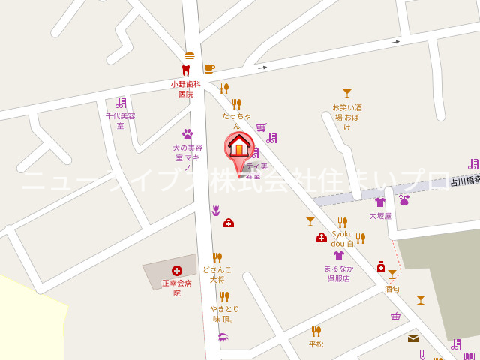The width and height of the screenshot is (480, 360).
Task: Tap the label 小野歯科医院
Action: [x=185, y=88]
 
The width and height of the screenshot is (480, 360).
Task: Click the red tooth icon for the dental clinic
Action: [x=185, y=70]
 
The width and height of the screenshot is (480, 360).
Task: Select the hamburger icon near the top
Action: [x=190, y=55]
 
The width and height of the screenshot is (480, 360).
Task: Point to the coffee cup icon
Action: [x=209, y=68]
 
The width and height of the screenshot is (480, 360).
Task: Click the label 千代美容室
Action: [x=120, y=121]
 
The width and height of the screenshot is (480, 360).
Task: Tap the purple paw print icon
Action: [x=187, y=134]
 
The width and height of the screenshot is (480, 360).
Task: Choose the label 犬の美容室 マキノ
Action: [x=188, y=157]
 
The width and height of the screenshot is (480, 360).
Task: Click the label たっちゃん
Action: [x=236, y=121]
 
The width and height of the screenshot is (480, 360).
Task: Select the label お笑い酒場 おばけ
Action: [x=347, y=117]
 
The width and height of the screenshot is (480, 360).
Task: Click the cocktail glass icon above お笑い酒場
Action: [x=346, y=94]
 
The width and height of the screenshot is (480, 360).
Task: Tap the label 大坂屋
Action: [x=380, y=216]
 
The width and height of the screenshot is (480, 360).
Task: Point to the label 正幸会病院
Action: [x=177, y=288]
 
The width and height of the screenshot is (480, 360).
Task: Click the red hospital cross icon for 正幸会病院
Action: [x=177, y=270]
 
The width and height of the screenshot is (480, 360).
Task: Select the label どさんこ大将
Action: [x=217, y=274]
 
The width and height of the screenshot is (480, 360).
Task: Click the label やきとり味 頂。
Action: [x=223, y=313]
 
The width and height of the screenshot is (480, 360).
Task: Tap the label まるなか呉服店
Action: [x=339, y=273]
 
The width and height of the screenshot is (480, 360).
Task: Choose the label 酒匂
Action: [x=392, y=289]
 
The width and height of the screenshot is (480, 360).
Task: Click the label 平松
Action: [x=316, y=344]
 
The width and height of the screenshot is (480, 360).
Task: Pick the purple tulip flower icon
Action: [x=216, y=211]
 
